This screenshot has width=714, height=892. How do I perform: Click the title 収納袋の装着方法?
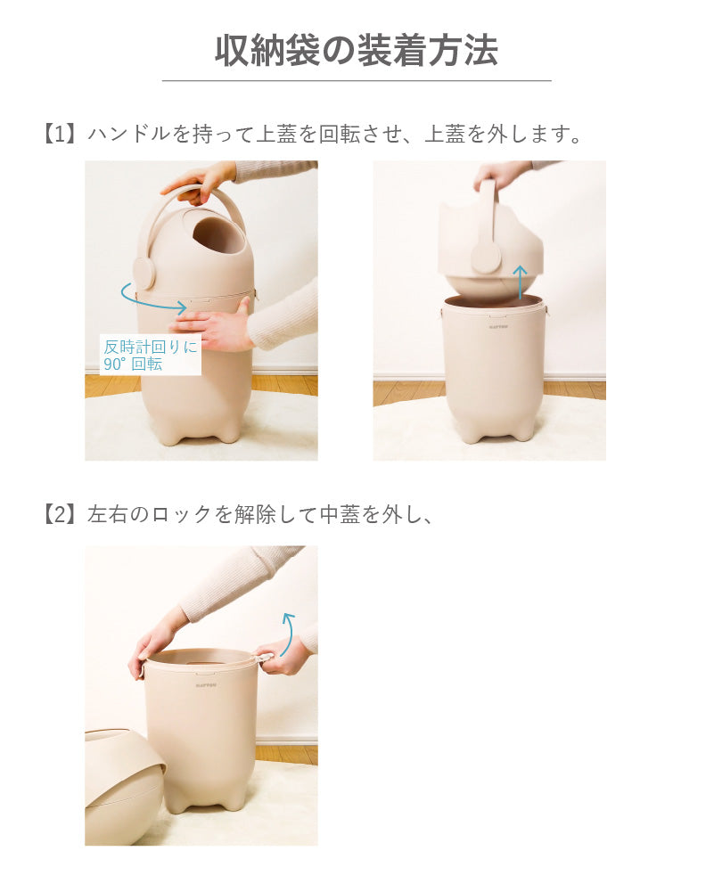(357, 50)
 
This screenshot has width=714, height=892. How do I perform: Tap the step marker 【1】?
(60, 135)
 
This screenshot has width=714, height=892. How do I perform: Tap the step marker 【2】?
(60, 514)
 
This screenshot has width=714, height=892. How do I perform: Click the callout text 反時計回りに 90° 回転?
(151, 355)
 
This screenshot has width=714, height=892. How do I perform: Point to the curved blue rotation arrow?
(152, 299)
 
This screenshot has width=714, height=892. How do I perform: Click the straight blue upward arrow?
(520, 282)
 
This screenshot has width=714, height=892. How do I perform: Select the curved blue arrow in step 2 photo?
(289, 634)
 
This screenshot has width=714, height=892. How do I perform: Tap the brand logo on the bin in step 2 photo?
(206, 685)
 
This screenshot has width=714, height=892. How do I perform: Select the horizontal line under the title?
(357, 81)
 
